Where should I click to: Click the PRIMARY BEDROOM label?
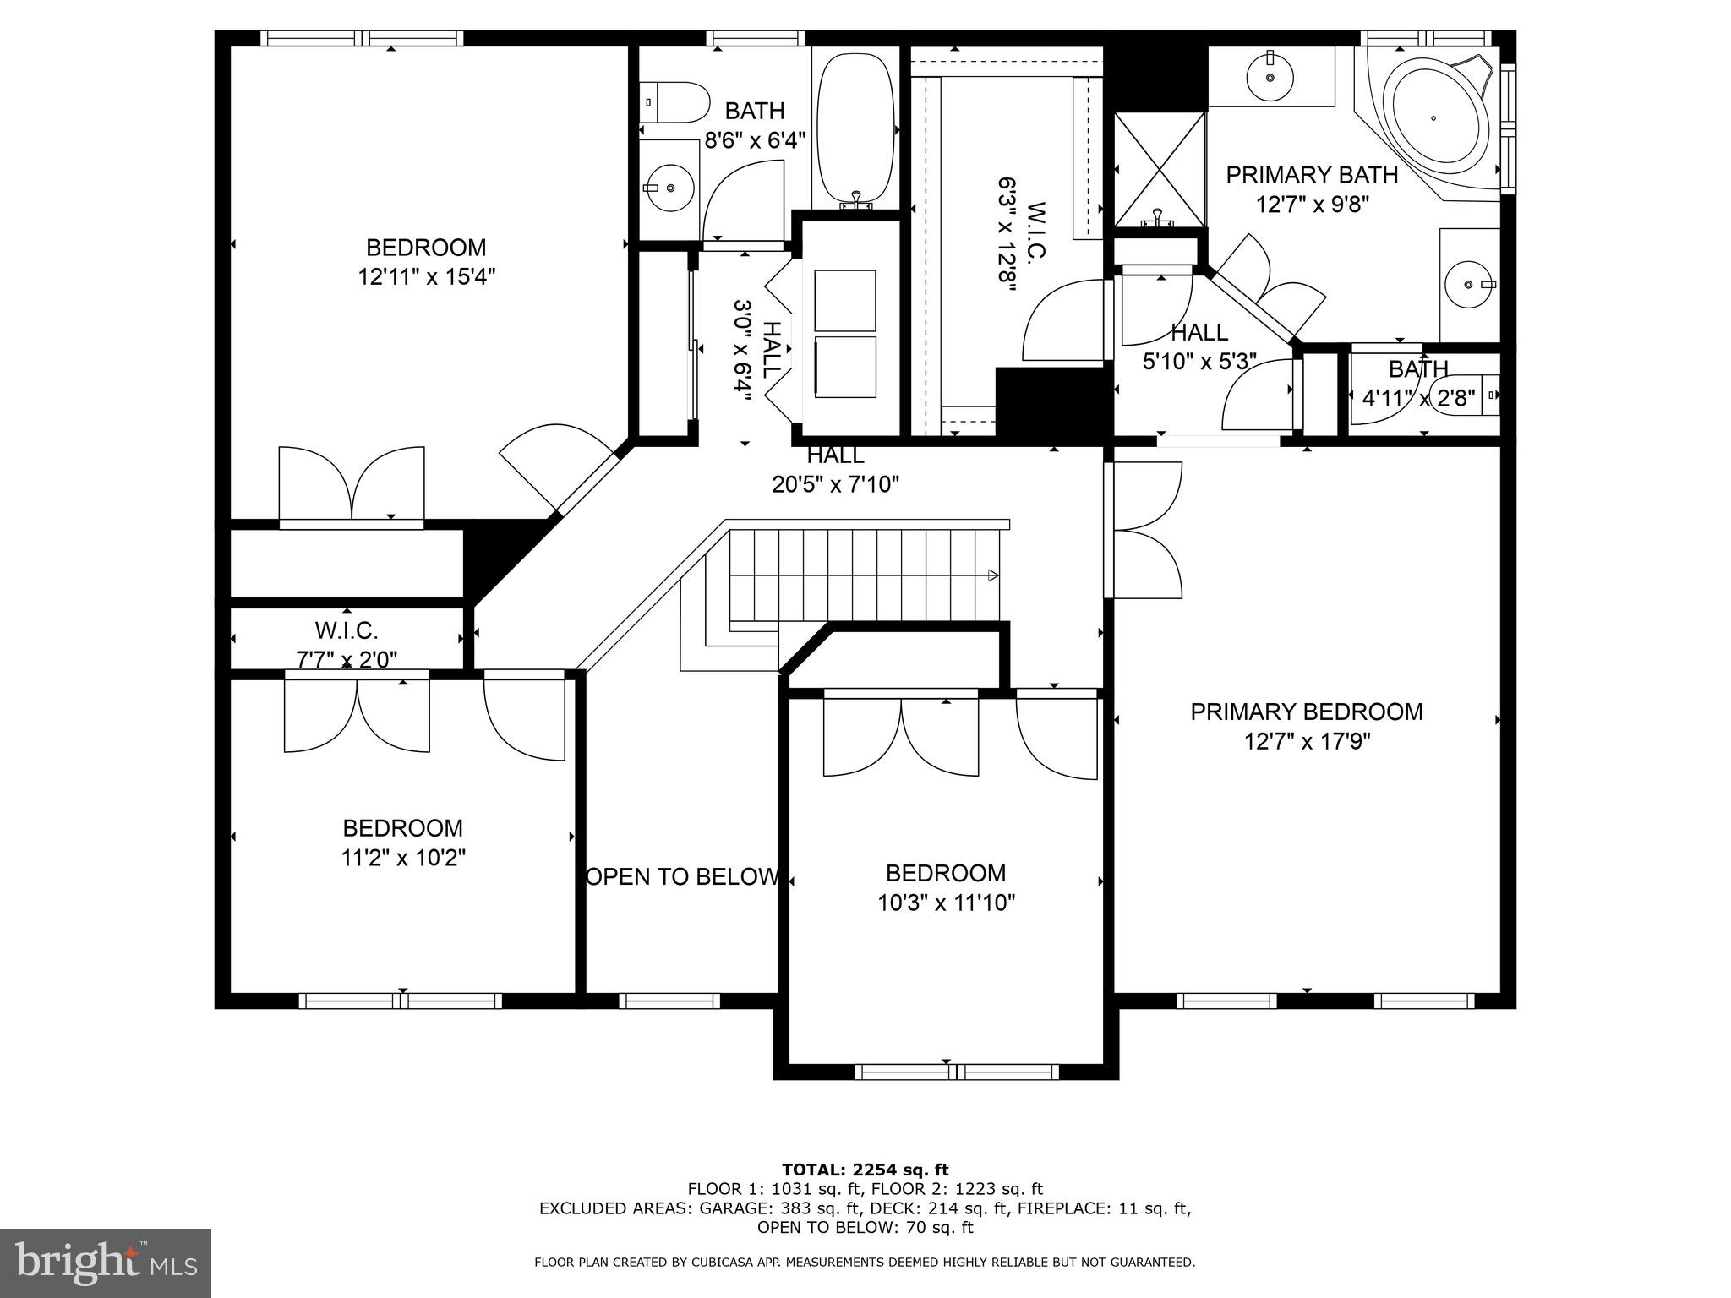pos(1306,712)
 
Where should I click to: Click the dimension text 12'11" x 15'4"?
pos(426,277)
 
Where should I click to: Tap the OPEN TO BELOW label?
pos(681,877)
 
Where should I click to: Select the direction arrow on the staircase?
pos(993,575)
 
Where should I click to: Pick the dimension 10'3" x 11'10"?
pos(946,903)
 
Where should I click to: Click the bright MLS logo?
pos(105,1263)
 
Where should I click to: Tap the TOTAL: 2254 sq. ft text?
pos(865,1170)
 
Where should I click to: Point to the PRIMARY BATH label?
pos(1312,175)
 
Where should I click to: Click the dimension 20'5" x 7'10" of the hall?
pos(835,484)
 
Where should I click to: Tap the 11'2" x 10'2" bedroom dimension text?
pos(403,858)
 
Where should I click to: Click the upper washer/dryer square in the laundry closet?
pos(844,300)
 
